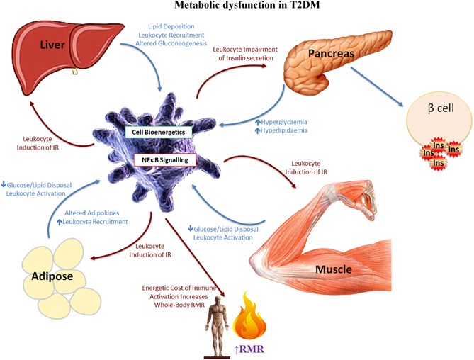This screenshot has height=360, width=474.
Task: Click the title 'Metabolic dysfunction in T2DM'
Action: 237,6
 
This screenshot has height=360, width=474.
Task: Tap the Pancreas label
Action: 329,54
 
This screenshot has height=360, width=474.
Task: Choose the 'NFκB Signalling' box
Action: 162,160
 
